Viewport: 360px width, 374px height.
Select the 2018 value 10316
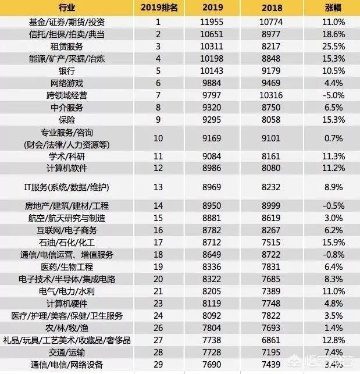coord(274,95)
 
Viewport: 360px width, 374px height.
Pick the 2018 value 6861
coord(274,340)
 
